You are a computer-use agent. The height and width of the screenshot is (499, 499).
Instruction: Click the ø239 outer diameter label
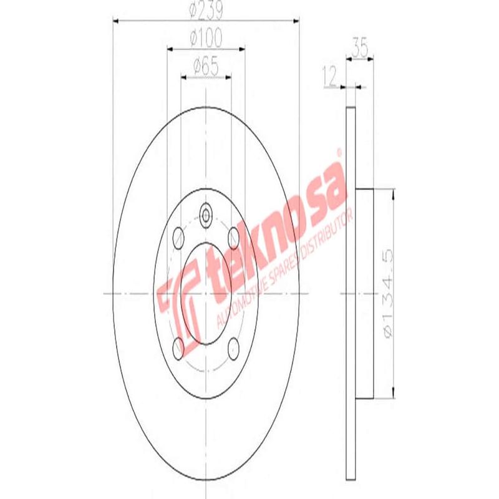(205, 11)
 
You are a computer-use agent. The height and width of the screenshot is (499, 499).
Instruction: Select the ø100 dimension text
(205, 38)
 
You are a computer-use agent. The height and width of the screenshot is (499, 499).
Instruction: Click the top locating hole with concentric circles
(206, 216)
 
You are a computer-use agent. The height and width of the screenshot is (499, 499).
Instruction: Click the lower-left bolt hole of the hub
(178, 346)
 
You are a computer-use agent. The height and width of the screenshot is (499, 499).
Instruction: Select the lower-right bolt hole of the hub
(234, 346)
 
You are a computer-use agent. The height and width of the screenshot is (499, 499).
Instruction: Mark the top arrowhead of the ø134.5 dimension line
(394, 193)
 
